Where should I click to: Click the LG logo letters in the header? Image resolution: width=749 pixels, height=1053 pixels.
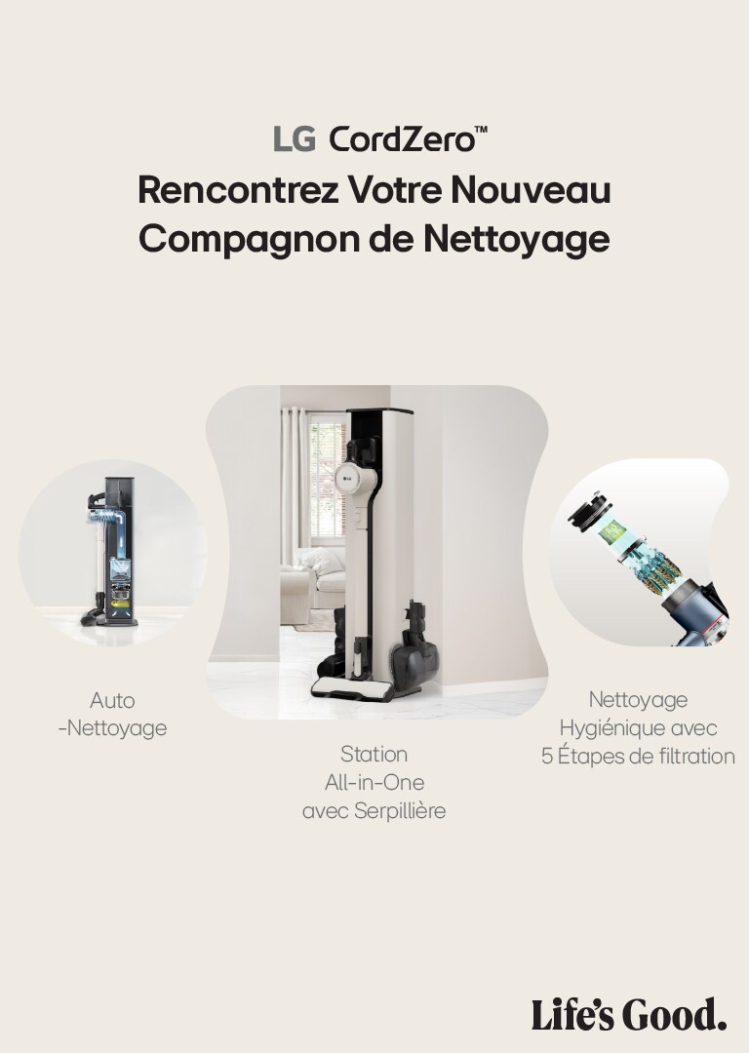294,139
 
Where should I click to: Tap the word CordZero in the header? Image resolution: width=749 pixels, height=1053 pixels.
402,139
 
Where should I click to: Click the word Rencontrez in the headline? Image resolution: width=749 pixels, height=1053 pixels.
239,190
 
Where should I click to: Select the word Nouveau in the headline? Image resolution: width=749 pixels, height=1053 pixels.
531,190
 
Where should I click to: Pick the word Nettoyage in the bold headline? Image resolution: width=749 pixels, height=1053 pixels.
516,240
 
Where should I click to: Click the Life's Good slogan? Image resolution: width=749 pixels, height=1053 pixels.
629,1014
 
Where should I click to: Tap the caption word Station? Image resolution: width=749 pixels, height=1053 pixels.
374,754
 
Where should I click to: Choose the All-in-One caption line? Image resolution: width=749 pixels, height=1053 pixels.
374,782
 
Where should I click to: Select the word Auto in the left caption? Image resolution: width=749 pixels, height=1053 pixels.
112,700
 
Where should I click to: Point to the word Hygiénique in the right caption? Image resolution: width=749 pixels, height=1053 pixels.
611,728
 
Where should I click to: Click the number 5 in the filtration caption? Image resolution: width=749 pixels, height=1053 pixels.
547,757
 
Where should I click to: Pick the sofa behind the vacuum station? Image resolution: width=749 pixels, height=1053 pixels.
314,584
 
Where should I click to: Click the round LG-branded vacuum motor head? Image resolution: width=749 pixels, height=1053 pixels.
349,477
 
